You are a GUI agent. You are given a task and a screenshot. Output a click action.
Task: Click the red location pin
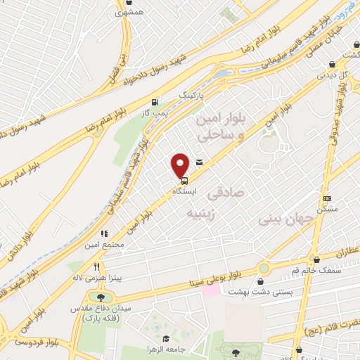(181, 165)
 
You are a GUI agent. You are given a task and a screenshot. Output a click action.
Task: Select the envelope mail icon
(200, 163)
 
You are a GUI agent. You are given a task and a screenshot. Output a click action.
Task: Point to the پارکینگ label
(193, 93)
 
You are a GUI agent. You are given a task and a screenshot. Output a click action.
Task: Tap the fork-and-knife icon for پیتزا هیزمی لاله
(96, 267)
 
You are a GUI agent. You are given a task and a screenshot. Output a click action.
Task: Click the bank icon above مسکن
(326, 199)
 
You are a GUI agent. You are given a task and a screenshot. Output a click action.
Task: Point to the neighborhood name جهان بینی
(279, 219)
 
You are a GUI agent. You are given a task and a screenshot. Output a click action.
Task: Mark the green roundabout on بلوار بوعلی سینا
(264, 268)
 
